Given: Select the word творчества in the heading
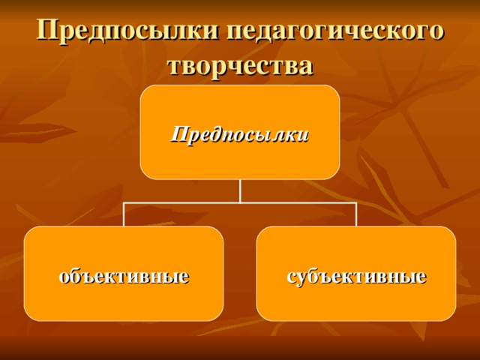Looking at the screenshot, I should point(240,65).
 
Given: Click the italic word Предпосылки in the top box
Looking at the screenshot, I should point(240,134).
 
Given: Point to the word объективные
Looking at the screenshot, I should point(124,276).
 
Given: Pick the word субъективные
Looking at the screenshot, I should point(356,276).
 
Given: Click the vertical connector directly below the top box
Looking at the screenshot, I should point(240,190).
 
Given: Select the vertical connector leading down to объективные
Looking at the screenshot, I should point(124,214).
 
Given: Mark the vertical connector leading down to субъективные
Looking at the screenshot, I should point(356,214).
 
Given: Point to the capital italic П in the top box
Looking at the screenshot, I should point(178,134).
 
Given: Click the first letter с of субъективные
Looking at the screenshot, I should point(291,277).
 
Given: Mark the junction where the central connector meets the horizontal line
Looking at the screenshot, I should point(240,202).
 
